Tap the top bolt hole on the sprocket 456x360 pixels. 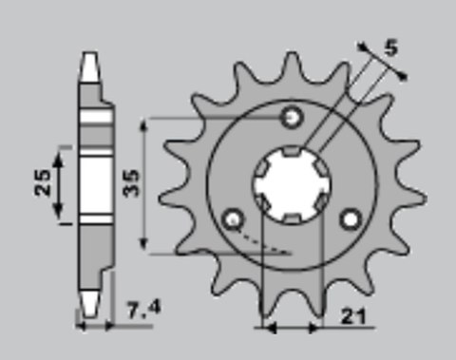click(x=293, y=118)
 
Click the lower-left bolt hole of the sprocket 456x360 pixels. click(x=231, y=220)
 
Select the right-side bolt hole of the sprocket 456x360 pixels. click(x=351, y=219)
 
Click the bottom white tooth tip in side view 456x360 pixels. click(x=89, y=303)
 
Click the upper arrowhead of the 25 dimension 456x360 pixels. click(x=63, y=151)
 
